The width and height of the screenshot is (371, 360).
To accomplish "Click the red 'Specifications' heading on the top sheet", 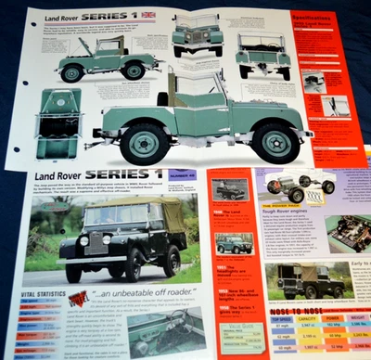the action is tap(317, 17).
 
